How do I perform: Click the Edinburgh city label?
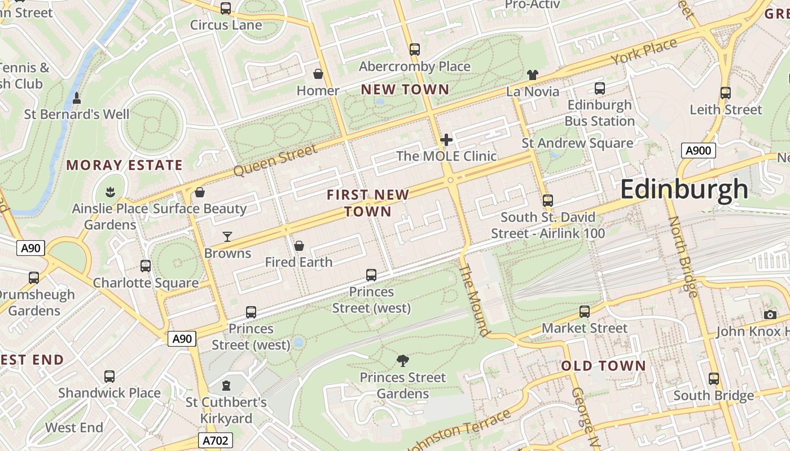click(x=684, y=189)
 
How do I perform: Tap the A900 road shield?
click(x=698, y=151)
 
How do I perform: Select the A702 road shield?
click(x=216, y=440)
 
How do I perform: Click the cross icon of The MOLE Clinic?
click(x=446, y=139)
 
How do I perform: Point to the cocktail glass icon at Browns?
click(x=227, y=236)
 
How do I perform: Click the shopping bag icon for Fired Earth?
click(x=299, y=246)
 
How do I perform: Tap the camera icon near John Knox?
click(x=770, y=315)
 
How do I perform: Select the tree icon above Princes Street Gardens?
click(x=402, y=361)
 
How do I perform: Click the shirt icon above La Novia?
click(x=533, y=74)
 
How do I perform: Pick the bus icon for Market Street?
click(x=585, y=311)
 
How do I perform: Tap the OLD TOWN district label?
click(x=603, y=366)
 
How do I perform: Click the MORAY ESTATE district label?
click(x=125, y=165)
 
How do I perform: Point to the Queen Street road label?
click(x=275, y=161)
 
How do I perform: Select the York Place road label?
click(x=644, y=52)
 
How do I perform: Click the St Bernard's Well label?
click(x=77, y=114)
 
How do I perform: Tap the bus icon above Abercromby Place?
click(x=415, y=50)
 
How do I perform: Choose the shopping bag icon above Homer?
click(x=318, y=74)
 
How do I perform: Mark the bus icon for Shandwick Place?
click(x=109, y=376)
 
